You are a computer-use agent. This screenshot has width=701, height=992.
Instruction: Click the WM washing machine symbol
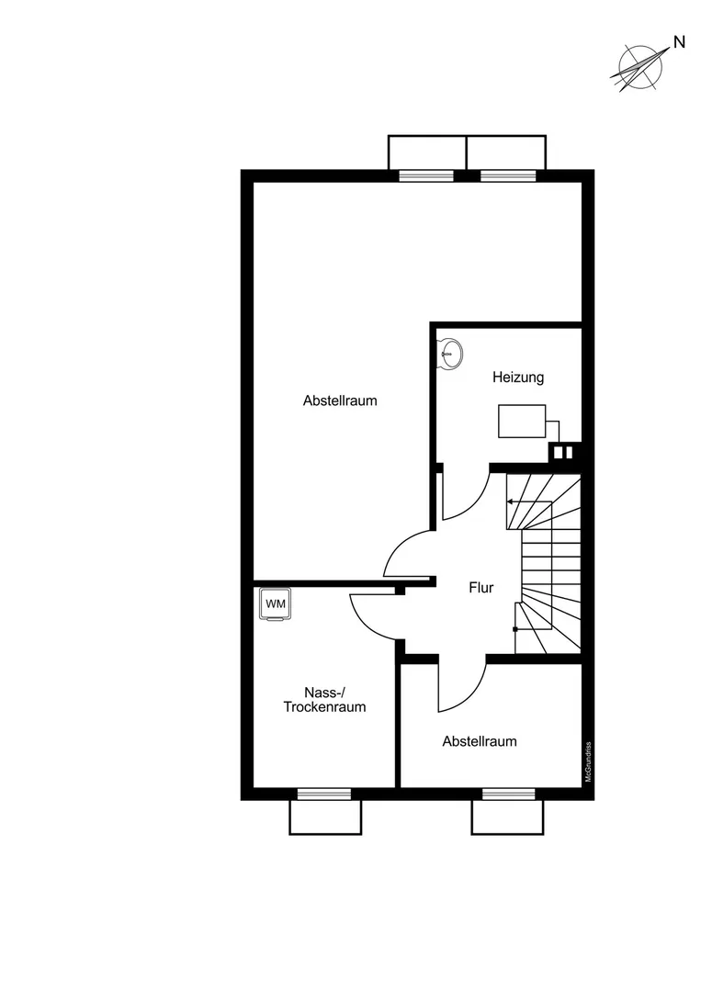[276, 604]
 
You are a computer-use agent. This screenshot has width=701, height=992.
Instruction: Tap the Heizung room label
[518, 378]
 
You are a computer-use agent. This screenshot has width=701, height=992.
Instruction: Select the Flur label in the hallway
[481, 587]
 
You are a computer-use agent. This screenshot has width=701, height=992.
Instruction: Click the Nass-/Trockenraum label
[324, 700]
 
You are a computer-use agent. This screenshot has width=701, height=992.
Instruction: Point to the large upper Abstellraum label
[340, 400]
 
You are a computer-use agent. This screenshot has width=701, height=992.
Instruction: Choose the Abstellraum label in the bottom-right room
[480, 741]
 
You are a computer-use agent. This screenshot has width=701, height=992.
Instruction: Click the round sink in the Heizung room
[452, 353]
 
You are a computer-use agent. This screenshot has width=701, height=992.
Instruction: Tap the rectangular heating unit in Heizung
[522, 422]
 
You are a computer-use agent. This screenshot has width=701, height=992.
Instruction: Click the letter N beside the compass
[679, 42]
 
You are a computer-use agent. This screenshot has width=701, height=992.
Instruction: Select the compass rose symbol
[640, 66]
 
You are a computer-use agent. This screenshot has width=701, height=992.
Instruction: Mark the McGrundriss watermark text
[588, 761]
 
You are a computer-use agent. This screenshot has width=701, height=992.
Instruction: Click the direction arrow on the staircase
[530, 502]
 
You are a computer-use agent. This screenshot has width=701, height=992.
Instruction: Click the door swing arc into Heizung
[475, 506]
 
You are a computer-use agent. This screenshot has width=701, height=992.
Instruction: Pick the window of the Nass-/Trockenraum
[324, 794]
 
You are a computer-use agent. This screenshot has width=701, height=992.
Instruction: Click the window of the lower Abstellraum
[508, 794]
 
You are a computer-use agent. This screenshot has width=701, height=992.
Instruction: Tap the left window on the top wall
[426, 175]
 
